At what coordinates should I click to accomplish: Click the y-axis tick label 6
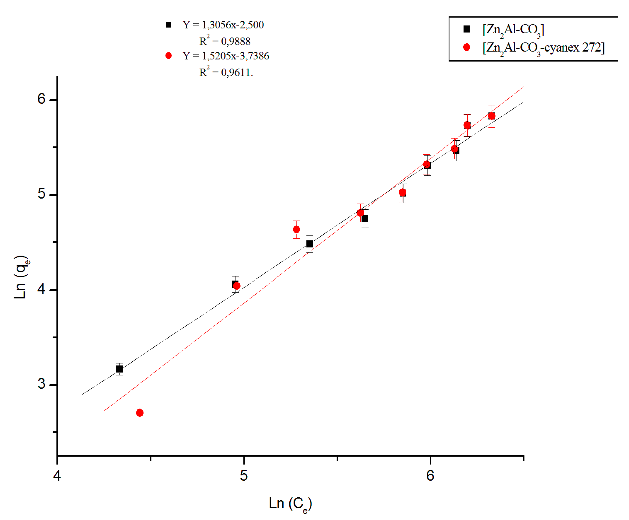[x=41, y=99]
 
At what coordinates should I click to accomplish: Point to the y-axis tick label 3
[x=41, y=384]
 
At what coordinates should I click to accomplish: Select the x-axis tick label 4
[x=57, y=475]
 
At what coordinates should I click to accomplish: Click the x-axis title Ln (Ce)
[x=290, y=504]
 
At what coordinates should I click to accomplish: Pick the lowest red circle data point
[x=140, y=413]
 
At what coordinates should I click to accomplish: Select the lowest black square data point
[x=119, y=369]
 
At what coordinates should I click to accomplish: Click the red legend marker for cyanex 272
[x=466, y=47]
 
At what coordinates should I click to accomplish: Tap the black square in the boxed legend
[x=466, y=29]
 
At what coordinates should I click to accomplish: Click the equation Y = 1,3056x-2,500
[x=223, y=25]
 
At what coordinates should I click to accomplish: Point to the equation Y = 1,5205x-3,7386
[x=225, y=56]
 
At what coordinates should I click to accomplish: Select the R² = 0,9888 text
[x=225, y=41]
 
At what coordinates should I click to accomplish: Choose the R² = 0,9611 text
[x=226, y=72]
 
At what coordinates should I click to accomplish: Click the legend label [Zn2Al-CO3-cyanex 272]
[x=543, y=48]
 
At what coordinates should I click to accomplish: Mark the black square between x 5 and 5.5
[x=310, y=244]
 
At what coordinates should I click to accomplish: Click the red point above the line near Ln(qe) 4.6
[x=296, y=229]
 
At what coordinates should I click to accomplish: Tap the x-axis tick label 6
[x=430, y=475]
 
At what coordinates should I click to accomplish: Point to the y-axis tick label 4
[x=41, y=289]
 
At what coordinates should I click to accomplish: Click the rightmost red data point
[x=492, y=116]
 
